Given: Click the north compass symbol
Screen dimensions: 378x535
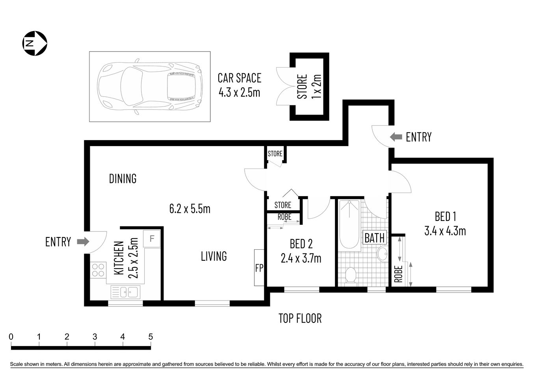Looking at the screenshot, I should pos(35,43).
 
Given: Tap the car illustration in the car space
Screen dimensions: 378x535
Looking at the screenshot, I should pos(150,87).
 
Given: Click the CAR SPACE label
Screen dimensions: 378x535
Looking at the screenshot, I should pos(239,78).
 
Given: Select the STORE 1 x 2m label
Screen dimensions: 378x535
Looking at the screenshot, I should pos(309,87).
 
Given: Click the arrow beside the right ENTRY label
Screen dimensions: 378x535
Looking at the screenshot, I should pos(395,137).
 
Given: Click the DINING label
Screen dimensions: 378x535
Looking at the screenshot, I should pos(123,179).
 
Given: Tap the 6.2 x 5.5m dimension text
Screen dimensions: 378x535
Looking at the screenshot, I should pos(189,208).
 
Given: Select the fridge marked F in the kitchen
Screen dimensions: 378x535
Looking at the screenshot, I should pos(152,239).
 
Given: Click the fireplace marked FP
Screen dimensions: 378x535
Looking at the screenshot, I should pos(259,268).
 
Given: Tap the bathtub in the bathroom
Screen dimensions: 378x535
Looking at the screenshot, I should pos(349,224).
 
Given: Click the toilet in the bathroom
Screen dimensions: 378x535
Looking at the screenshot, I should pos(350,274).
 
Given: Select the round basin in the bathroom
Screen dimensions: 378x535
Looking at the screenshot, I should pos(382,253).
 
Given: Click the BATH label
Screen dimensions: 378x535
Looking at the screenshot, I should pos(374,238).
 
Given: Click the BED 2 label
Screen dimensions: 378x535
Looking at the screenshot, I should pos(301,244).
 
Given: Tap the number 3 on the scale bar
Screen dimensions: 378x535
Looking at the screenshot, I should pos(95,337).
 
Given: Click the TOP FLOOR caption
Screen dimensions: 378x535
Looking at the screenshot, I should pos(300,318).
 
